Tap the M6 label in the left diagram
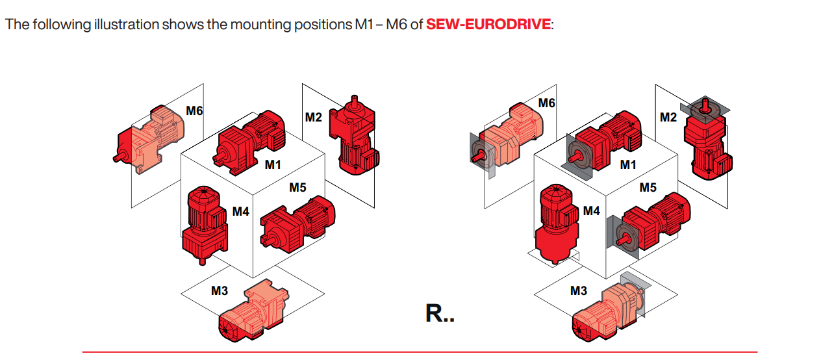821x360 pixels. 194,111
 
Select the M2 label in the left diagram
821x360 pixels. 313,118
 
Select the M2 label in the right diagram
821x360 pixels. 668,118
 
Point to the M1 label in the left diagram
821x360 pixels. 273,165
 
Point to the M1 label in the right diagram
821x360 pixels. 627,165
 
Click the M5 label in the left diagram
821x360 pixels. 297,188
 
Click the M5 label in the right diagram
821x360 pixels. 648,188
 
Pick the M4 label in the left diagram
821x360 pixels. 241,211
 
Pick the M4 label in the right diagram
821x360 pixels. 591,211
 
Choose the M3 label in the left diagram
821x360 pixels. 220,291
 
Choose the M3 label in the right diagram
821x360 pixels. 578,291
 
